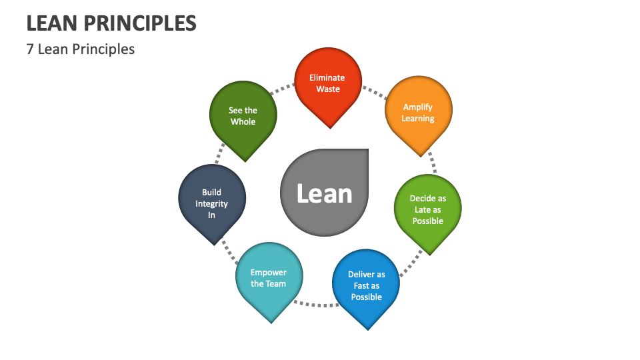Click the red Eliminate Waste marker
coord(328,83)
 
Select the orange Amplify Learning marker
coord(419,112)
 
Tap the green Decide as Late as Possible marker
coord(427,209)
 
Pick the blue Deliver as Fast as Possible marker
coord(366,285)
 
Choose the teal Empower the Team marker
coord(269,278)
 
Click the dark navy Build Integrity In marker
coord(212,203)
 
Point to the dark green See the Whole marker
coord(243,116)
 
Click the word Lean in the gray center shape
coord(324,193)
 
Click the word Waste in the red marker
coord(328,89)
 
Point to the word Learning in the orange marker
coord(419,119)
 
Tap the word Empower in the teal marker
coord(269,272)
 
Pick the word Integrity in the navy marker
coord(212,204)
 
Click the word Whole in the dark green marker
coord(243,122)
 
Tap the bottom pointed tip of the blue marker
coord(367,328)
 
